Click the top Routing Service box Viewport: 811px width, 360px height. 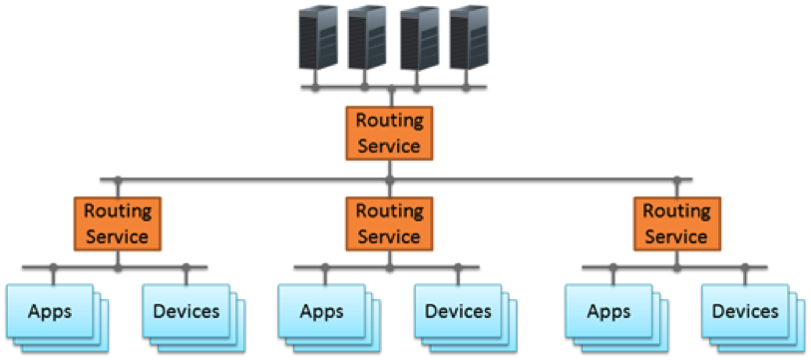pyautogui.click(x=389, y=133)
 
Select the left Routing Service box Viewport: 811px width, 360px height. pyautogui.click(x=118, y=223)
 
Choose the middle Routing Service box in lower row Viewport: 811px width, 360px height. pyautogui.click(x=389, y=223)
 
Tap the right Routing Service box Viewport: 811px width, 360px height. pyautogui.click(x=676, y=223)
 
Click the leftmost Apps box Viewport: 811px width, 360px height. pyautogui.click(x=51, y=311)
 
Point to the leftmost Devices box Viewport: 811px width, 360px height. pyautogui.click(x=186, y=311)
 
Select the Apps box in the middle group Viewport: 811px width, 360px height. pyautogui.click(x=322, y=311)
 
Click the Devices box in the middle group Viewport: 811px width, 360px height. pyautogui.click(x=458, y=311)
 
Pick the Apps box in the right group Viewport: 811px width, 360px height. pyautogui.click(x=609, y=311)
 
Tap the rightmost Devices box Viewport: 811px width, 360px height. pyautogui.click(x=745, y=311)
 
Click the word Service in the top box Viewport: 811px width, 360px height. pyautogui.click(x=389, y=145)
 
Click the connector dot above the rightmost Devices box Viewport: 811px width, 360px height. pyautogui.click(x=745, y=267)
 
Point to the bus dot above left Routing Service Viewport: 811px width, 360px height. pyautogui.click(x=118, y=180)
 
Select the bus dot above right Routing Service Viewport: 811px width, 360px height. pyautogui.click(x=676, y=180)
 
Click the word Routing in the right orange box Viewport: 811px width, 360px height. pyautogui.click(x=676, y=211)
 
